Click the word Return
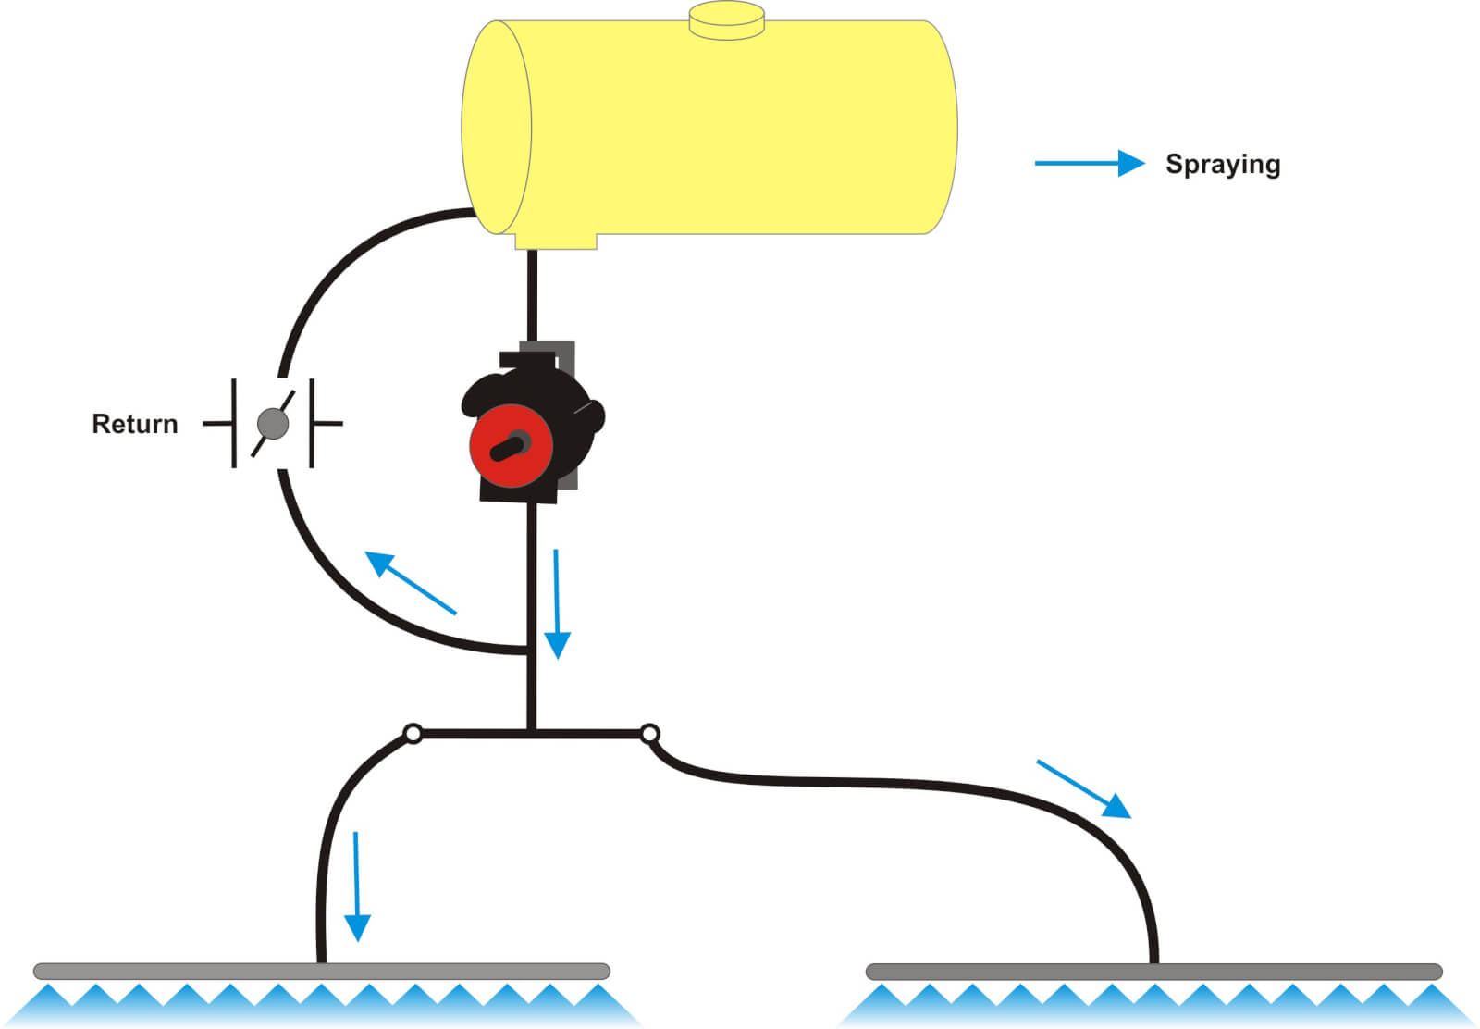pyautogui.click(x=134, y=424)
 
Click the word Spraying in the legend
pyautogui.click(x=1222, y=165)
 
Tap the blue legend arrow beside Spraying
pyautogui.click(x=1089, y=164)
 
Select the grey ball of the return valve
pyautogui.click(x=273, y=424)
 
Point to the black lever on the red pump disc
pyautogui.click(x=510, y=447)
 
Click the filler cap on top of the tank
pyautogui.click(x=727, y=19)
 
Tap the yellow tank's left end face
pyautogui.click(x=497, y=128)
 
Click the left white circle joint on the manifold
pyautogui.click(x=413, y=734)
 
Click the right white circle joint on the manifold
pyautogui.click(x=649, y=734)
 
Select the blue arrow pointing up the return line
pyautogui.click(x=410, y=582)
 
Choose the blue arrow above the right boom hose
pyautogui.click(x=1083, y=789)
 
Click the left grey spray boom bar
pyautogui.click(x=321, y=971)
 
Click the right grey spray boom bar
pyautogui.click(x=1153, y=972)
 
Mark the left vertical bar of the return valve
pyautogui.click(x=234, y=423)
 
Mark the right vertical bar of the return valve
pyautogui.click(x=312, y=423)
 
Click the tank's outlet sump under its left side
pyautogui.click(x=555, y=241)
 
